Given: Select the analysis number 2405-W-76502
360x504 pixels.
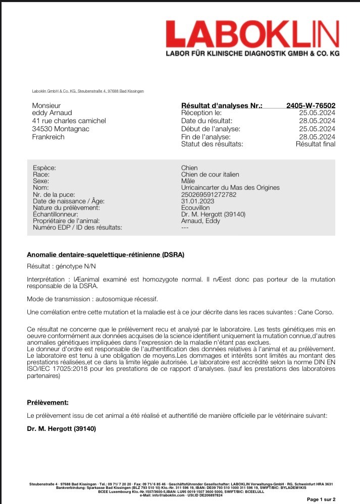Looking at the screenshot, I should coord(311,105).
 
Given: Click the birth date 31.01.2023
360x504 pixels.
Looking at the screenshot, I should coord(197,201).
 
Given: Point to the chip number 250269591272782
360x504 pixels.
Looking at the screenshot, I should coord(209,194).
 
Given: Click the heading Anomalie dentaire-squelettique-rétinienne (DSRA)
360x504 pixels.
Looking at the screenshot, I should coord(105,255).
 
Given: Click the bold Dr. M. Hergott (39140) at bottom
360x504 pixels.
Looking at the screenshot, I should coord(61,429).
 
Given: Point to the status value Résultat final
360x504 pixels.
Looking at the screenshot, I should coord(315,144).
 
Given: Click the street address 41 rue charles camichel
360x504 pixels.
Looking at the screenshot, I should coord(69,121).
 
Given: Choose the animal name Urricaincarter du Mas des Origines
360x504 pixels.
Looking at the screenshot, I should coord(230,188).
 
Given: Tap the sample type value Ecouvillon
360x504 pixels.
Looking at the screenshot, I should coord(195,207).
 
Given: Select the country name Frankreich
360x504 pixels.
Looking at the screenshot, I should coord(48,137).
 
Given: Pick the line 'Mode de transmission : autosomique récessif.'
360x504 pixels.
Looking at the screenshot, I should coord(92,298).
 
